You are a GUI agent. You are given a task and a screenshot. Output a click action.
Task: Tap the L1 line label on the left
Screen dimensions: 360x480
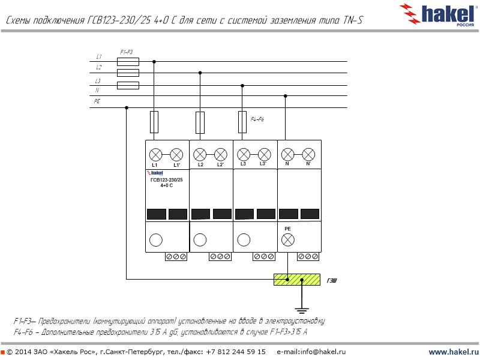point(99,56)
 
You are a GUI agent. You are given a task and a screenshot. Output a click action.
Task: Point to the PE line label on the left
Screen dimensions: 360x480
point(97,101)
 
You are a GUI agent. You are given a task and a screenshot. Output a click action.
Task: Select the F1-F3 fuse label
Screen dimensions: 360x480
point(126,52)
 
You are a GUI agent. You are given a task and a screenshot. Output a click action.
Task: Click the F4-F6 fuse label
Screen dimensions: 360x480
point(257,120)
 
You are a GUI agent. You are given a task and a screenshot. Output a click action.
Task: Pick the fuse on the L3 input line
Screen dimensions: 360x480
point(128,85)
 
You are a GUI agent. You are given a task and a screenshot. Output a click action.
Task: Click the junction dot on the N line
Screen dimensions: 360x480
point(286,96)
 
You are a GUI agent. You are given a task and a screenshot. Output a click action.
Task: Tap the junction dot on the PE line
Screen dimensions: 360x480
point(126,108)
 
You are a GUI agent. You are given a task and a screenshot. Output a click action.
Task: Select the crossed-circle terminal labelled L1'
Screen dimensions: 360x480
point(176,154)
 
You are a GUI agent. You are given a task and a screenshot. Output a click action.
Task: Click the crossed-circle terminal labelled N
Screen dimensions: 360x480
point(287,154)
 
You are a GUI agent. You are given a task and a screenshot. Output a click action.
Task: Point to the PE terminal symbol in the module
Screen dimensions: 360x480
point(287,240)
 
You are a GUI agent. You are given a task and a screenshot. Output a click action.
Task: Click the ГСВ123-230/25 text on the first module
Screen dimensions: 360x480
point(166,180)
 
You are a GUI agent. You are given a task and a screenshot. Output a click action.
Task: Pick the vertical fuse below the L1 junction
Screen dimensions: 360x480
point(154,122)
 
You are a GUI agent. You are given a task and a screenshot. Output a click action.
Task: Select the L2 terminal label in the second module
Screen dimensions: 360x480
point(200,164)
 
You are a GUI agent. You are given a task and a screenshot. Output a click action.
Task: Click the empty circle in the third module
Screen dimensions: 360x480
point(243,240)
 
